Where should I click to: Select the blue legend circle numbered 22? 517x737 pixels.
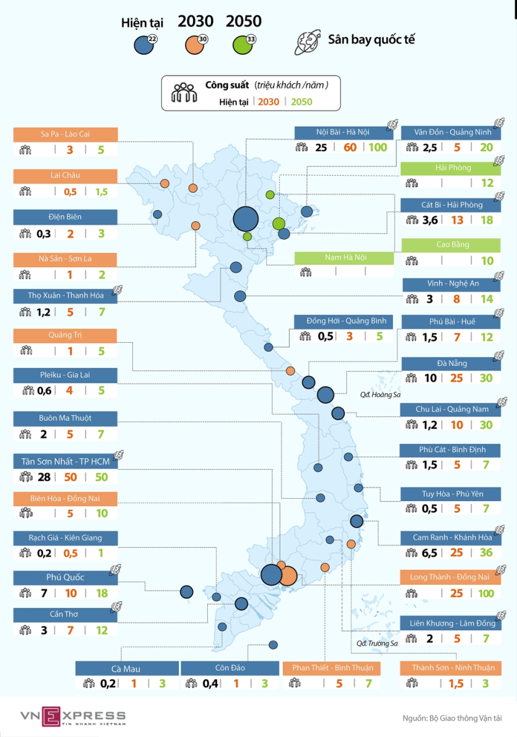click(x=143, y=45)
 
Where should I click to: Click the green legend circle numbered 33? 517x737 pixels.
click(x=243, y=45)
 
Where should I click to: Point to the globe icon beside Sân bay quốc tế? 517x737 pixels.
click(x=309, y=41)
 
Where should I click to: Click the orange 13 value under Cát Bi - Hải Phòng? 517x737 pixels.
click(x=457, y=220)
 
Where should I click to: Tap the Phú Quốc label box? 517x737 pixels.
click(x=65, y=577)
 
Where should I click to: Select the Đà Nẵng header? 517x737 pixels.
click(x=451, y=363)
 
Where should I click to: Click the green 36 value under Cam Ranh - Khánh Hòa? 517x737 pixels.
click(x=486, y=552)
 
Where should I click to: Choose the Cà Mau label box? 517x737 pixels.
click(x=127, y=669)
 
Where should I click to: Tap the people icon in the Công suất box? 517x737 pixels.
click(x=184, y=93)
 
